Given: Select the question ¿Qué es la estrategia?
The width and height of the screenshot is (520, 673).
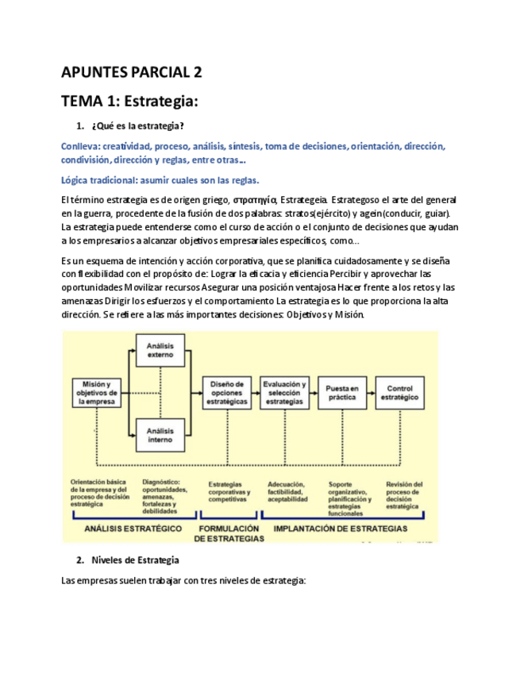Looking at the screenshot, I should (x=139, y=127).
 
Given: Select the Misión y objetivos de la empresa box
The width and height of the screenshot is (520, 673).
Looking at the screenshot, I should (x=95, y=393).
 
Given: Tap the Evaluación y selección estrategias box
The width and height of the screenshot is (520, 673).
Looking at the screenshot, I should (x=284, y=393).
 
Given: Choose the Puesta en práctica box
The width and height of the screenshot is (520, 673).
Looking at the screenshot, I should (x=342, y=393).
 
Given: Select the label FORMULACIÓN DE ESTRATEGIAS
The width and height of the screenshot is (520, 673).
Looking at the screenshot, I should (x=229, y=533).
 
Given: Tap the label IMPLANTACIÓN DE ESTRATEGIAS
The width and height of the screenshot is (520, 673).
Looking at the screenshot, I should (x=341, y=528).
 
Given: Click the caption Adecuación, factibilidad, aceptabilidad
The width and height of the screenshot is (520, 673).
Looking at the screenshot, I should (x=289, y=493).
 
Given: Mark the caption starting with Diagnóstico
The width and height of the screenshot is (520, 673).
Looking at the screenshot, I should (x=166, y=495).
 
